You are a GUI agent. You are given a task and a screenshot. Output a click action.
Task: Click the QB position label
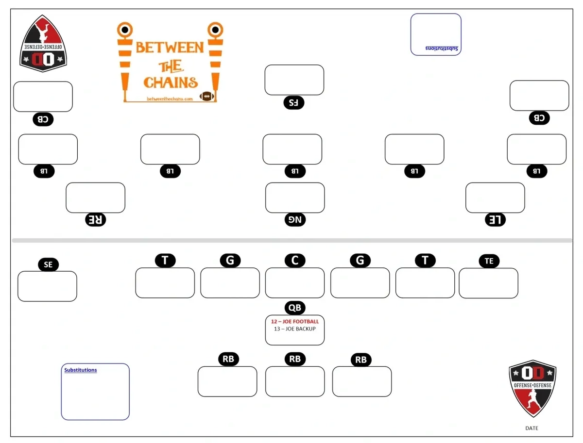[295, 308]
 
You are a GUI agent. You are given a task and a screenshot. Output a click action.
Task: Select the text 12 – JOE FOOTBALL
[295, 321]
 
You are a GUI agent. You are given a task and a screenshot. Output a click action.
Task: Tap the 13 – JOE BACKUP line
[294, 329]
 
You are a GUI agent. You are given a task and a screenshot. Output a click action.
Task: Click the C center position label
[295, 261]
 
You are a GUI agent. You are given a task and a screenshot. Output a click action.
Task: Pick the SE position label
[48, 264]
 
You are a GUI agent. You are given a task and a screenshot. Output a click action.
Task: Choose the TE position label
[489, 261]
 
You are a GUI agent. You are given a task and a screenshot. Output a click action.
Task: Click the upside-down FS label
[293, 102]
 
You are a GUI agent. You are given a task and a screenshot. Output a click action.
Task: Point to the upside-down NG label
[295, 220]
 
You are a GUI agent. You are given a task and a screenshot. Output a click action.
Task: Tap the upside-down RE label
[96, 220]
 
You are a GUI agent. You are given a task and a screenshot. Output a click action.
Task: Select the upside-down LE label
[495, 220]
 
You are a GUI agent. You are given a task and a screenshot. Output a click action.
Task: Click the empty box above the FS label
[294, 80]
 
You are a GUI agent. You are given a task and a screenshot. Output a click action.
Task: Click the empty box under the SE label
[47, 286]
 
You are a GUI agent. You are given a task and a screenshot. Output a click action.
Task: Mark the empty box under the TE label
[488, 283]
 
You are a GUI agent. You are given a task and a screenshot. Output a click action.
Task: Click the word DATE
[532, 428]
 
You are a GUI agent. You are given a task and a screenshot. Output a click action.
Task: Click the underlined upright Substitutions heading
[81, 370]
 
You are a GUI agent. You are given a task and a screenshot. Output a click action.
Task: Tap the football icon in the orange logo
[207, 96]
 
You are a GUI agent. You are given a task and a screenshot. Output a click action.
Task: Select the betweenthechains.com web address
[170, 99]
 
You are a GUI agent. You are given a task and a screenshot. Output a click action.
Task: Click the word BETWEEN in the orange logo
[170, 48]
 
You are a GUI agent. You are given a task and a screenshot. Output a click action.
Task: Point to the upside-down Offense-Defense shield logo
[43, 44]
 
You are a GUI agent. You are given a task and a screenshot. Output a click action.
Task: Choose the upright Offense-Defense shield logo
[532, 388]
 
